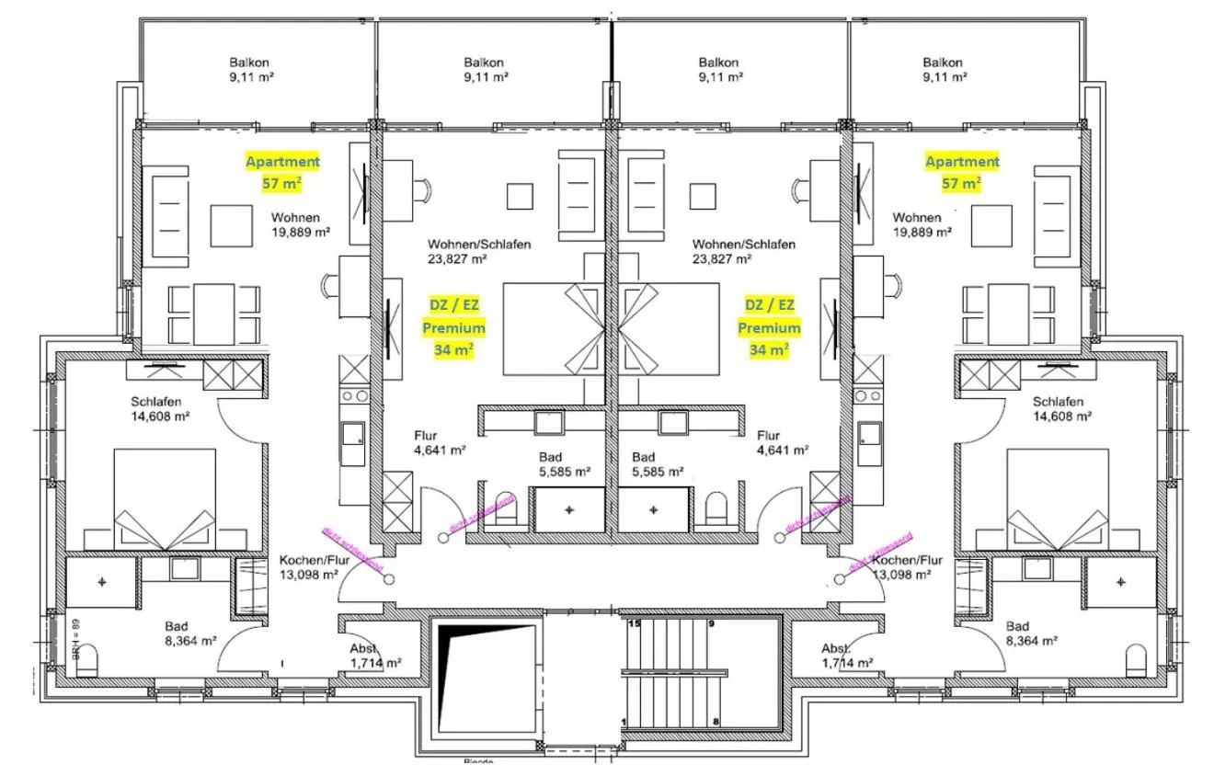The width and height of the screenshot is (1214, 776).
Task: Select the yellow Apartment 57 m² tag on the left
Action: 282,172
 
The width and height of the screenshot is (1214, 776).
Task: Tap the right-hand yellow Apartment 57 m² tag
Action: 962,172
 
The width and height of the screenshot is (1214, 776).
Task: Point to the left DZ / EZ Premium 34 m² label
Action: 453,326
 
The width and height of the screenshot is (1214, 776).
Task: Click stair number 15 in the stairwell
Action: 634,624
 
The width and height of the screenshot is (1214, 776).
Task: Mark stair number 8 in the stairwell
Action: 715,722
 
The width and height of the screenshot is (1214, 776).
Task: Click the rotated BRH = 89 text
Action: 79,640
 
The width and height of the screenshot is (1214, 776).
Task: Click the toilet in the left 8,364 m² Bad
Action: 86,662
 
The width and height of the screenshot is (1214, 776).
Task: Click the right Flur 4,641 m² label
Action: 782,443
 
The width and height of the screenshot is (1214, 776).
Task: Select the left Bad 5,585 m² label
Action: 563,464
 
